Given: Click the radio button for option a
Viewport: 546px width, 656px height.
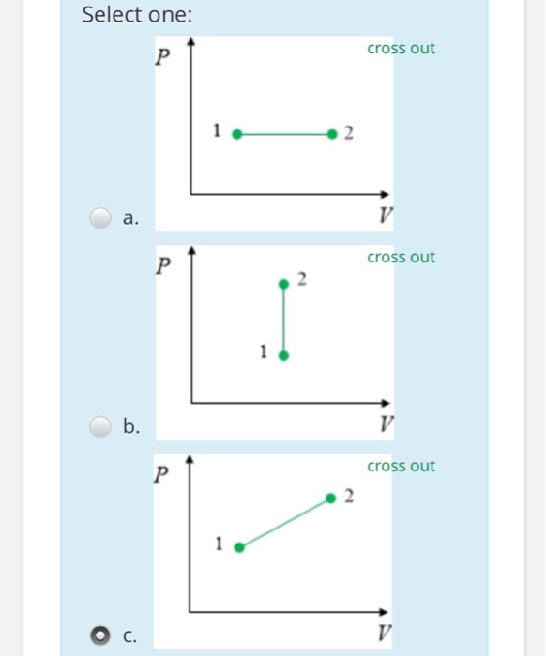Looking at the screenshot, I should tap(100, 218).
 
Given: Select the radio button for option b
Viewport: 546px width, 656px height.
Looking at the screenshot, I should tap(100, 427).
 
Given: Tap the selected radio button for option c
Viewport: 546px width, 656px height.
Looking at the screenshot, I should tap(100, 636).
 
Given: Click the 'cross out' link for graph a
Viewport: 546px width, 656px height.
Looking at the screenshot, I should tap(401, 49).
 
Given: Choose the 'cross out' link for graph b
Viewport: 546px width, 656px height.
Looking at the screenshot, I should tap(401, 258).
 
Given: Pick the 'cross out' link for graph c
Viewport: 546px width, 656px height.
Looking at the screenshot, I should tap(401, 467).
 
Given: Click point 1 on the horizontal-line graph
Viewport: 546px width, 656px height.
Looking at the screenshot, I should tap(236, 134).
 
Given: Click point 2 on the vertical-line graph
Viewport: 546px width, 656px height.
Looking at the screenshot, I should tap(283, 282).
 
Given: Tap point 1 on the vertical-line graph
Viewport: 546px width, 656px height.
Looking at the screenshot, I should tap(284, 355).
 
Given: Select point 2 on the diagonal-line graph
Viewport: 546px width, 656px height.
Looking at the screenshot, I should tap(330, 499).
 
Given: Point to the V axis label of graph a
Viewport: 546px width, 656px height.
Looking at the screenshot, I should tap(385, 216).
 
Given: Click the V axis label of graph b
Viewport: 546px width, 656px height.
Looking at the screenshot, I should tap(385, 425).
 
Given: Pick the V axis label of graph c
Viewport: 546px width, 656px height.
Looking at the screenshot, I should tap(385, 634).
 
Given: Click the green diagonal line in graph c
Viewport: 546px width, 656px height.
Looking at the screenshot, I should tap(284, 523).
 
